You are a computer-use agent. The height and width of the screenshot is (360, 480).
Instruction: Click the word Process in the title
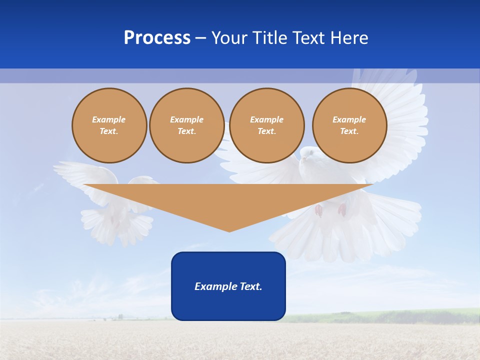tap(157, 38)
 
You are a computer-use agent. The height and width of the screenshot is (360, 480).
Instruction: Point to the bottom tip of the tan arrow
tap(229, 230)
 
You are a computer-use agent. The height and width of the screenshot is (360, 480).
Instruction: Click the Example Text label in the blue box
tap(228, 286)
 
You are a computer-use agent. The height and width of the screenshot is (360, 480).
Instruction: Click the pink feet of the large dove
tap(330, 210)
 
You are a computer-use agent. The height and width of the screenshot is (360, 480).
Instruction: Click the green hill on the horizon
tap(400, 315)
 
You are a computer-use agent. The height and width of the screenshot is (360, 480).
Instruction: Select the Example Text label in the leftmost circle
tap(109, 125)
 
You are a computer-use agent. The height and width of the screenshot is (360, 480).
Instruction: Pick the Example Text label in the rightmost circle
tap(349, 125)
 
